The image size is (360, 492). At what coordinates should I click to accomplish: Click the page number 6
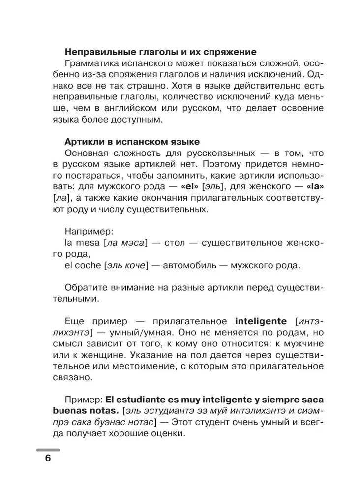tap(48, 458)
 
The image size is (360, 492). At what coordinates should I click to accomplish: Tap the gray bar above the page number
tap(48, 450)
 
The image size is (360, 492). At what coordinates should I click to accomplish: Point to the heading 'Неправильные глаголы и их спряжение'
tap(160, 52)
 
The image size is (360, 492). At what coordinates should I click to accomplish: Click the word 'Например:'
tap(86, 230)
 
